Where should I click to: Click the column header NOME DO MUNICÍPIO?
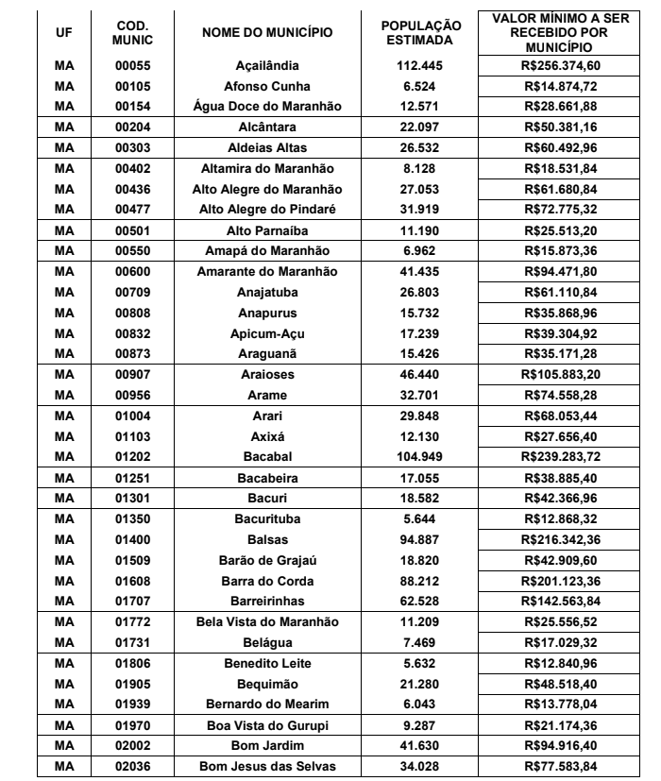[267, 32]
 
